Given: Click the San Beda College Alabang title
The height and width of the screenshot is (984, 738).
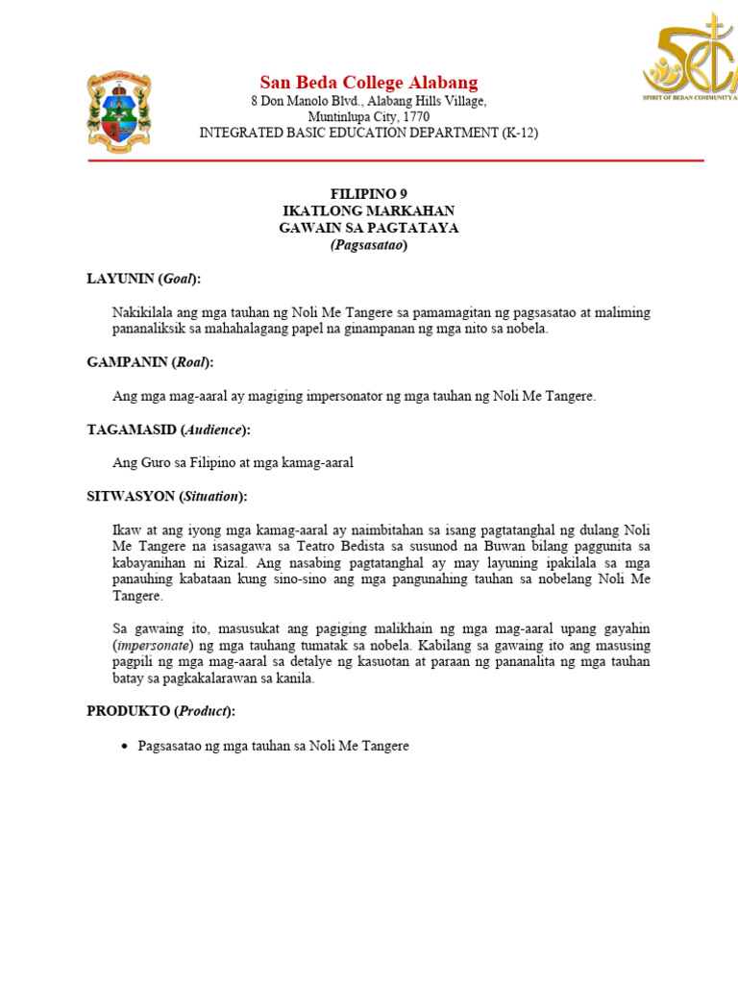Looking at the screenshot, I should tap(369, 82).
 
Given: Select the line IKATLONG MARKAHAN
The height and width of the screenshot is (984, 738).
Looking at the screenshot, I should tap(369, 210).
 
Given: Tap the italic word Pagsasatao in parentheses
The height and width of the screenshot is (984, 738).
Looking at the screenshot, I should tap(369, 245).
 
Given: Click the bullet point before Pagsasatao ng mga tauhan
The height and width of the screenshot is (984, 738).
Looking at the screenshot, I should tap(125, 746).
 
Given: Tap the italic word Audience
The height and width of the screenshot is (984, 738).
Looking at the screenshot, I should tap(216, 430).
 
